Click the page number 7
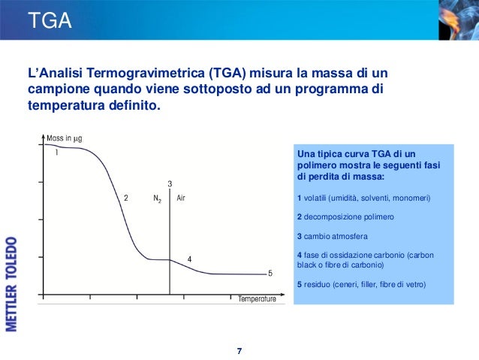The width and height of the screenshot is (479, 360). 239,351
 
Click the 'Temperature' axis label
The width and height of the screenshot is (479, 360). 257,299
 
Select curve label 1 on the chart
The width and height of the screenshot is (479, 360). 56,152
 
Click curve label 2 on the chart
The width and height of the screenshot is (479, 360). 126,198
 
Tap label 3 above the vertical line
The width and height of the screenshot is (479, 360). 170,184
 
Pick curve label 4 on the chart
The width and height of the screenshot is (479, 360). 189,259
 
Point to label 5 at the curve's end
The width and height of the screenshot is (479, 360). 270,273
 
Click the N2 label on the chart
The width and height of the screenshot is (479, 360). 157,199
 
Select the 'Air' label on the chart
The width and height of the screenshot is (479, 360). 181,198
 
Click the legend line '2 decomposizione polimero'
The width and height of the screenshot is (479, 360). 345,216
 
